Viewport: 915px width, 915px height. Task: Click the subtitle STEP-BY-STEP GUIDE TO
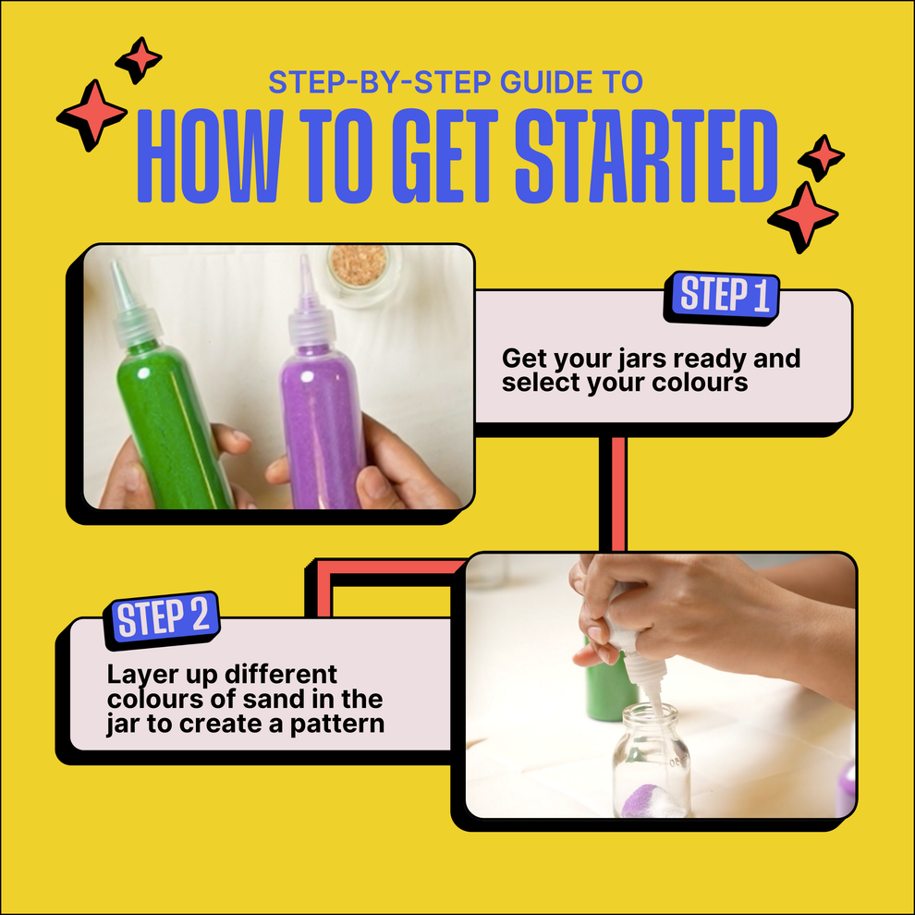point(455,82)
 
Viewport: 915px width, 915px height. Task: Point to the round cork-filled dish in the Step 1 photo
point(360,268)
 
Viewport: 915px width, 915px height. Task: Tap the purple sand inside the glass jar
point(647,803)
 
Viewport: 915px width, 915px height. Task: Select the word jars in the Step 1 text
point(649,359)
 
